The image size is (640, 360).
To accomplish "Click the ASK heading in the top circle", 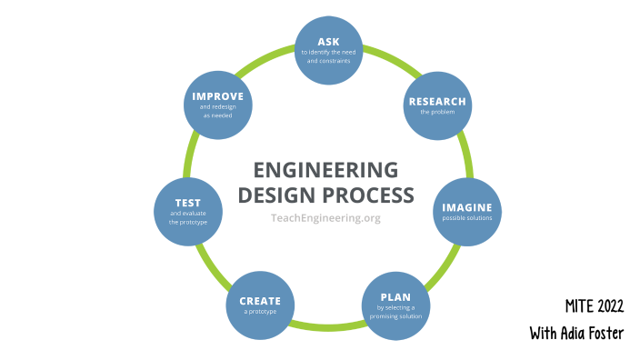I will tap(328, 42).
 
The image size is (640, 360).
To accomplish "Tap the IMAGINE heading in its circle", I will tap(466, 207).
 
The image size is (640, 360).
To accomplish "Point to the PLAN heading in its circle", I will tap(395, 296).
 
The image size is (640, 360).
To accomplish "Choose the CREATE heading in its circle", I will tap(260, 301).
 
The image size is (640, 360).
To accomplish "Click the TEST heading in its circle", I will tap(188, 202).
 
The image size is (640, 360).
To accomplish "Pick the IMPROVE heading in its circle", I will tap(218, 95).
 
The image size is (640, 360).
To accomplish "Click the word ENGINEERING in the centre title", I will tap(325, 170).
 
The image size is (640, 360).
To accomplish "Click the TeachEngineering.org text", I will tap(325, 217).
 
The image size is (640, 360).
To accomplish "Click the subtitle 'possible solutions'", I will tap(466, 219).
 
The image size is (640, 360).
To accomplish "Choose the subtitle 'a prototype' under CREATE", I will tap(260, 312).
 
